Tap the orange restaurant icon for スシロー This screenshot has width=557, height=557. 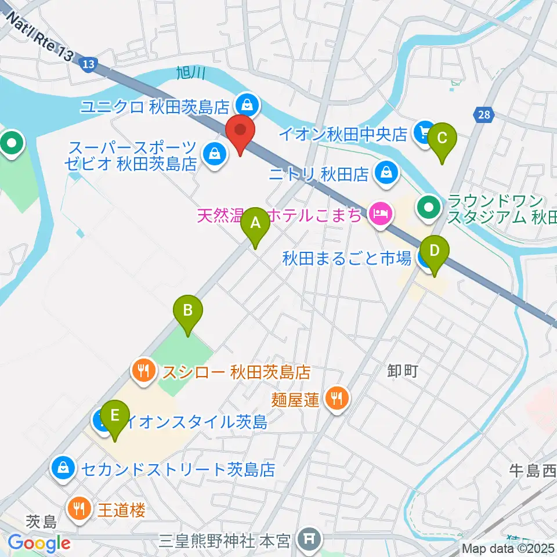coord(142,370)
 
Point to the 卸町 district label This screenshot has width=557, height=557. coord(403,371)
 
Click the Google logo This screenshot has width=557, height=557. coord(39,544)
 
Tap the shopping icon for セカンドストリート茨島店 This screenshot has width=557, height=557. coord(62,468)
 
